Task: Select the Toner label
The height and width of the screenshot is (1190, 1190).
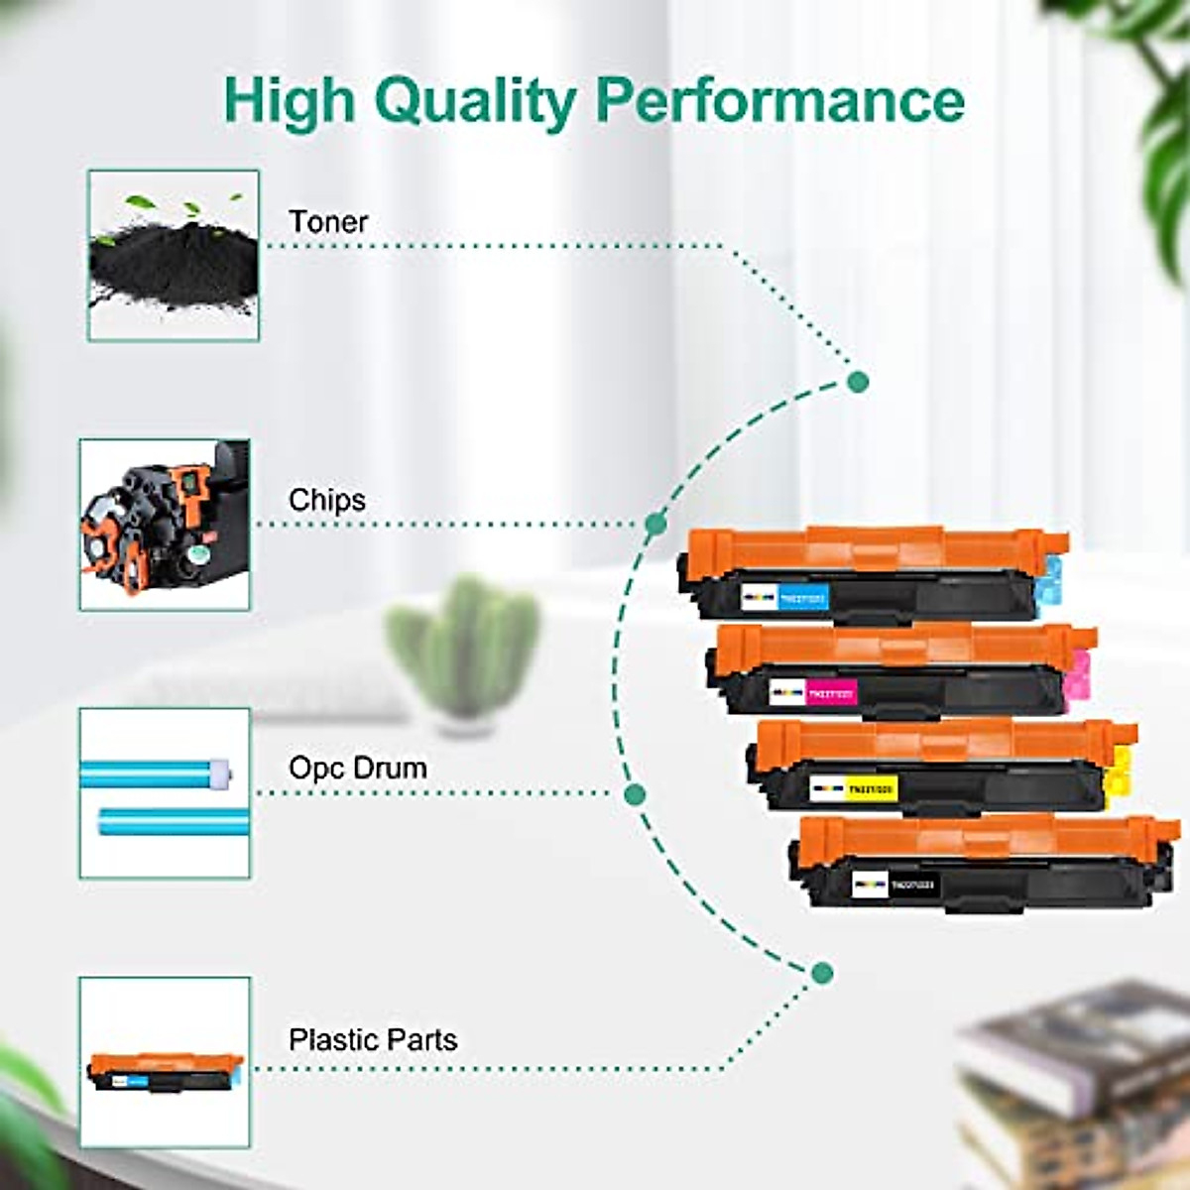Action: pyautogui.click(x=328, y=221)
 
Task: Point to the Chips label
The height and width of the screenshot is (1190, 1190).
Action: pyautogui.click(x=326, y=499)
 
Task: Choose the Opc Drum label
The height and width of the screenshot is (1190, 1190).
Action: pyautogui.click(x=358, y=768)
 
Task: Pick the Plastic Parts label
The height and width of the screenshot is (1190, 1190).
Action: pyautogui.click(x=373, y=1039)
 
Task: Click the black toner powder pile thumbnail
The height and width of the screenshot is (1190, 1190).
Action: pyautogui.click(x=174, y=256)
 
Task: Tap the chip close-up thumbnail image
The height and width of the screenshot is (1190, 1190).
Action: pyautogui.click(x=165, y=525)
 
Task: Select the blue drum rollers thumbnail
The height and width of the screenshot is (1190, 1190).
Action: pyautogui.click(x=165, y=793)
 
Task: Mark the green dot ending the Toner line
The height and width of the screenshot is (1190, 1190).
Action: pyautogui.click(x=859, y=382)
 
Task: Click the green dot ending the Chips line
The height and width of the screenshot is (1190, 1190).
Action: pyautogui.click(x=655, y=524)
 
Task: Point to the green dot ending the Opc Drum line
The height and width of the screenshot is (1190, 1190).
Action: pyautogui.click(x=636, y=793)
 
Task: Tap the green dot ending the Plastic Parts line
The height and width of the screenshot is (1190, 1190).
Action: pyautogui.click(x=821, y=973)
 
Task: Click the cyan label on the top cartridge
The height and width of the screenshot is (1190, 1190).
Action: pyautogui.click(x=802, y=597)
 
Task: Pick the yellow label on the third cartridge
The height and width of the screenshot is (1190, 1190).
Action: pyautogui.click(x=872, y=789)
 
